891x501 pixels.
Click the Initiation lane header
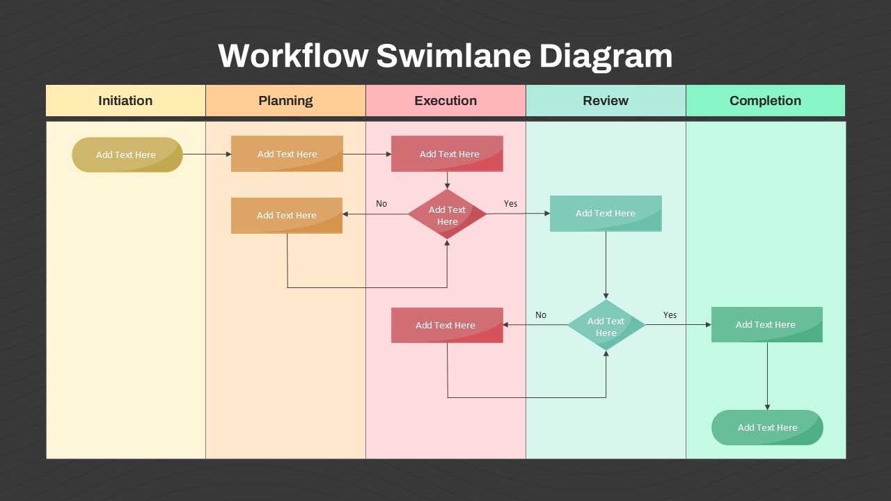tap(125, 101)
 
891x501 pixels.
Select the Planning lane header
tap(285, 101)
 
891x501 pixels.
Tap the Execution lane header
tap(445, 101)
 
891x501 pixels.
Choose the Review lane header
tap(606, 101)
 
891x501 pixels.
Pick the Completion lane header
tap(765, 101)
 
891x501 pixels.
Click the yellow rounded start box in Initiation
tap(127, 154)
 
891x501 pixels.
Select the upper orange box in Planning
tap(287, 154)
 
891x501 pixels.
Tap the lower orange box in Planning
tap(287, 215)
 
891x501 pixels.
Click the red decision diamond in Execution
tap(447, 214)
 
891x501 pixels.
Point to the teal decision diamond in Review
tap(606, 326)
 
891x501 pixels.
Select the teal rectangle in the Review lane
tap(606, 213)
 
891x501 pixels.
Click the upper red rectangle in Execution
tap(447, 154)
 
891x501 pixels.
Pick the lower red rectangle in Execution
tap(447, 325)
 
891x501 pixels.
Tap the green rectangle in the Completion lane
tap(766, 324)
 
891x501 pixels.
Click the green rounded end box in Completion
tap(767, 427)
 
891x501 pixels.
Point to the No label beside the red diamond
tap(381, 204)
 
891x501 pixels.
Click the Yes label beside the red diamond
tap(510, 204)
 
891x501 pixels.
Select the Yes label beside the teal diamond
tap(670, 315)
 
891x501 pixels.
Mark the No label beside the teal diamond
tap(541, 315)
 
